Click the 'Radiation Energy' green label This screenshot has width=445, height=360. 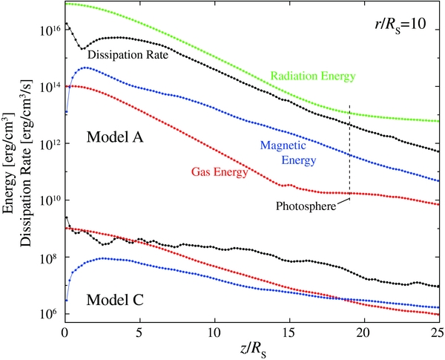coord(314,76)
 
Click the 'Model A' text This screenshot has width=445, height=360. coord(116,137)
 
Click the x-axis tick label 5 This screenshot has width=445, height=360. coord(140,330)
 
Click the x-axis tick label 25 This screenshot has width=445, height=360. coord(438,330)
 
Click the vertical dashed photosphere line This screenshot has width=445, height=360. coord(350,148)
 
